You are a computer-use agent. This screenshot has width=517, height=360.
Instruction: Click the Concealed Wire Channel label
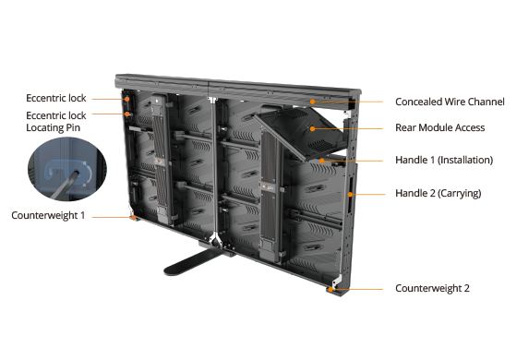tap(450, 102)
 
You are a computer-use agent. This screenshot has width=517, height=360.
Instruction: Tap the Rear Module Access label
tap(439, 127)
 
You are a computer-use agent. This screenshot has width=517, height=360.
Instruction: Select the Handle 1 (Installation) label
tap(444, 160)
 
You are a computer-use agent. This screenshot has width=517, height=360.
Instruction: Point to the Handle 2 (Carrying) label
tap(439, 193)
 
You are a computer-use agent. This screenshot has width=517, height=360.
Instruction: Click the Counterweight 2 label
tap(432, 288)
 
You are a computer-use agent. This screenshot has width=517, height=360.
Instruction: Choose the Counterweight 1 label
tap(48, 215)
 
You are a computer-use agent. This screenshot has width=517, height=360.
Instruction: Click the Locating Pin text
tap(54, 127)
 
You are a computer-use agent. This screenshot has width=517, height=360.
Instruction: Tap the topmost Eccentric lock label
tap(56, 98)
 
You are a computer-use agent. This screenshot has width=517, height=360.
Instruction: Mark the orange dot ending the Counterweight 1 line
tap(133, 217)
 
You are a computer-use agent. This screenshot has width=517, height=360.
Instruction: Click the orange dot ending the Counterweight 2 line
tap(331, 290)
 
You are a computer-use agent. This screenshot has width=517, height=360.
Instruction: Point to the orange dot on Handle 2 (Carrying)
tap(350, 195)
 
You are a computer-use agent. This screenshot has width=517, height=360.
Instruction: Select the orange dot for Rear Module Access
tap(312, 128)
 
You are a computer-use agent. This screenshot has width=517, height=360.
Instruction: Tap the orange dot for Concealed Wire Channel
tap(312, 102)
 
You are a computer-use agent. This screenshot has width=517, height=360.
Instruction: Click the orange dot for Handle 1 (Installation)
tap(321, 161)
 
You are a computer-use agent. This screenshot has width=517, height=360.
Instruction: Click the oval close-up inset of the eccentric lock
tap(67, 169)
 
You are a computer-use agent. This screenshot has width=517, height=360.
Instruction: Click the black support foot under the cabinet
tap(195, 260)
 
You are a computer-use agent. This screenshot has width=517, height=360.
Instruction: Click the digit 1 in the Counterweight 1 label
tap(82, 215)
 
